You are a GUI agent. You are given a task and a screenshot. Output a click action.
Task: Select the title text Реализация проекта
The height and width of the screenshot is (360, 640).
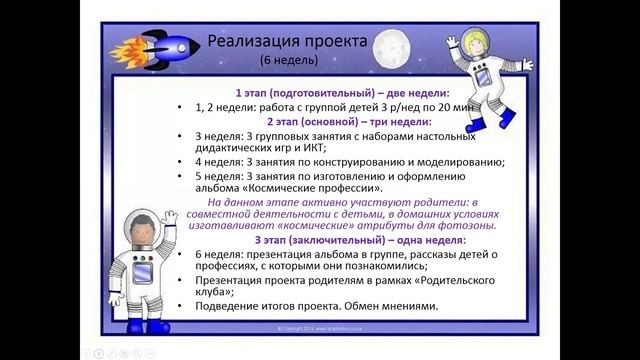coord(286,41)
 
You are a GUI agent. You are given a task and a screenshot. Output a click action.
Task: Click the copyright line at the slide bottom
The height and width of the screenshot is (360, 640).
coord(320,327)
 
